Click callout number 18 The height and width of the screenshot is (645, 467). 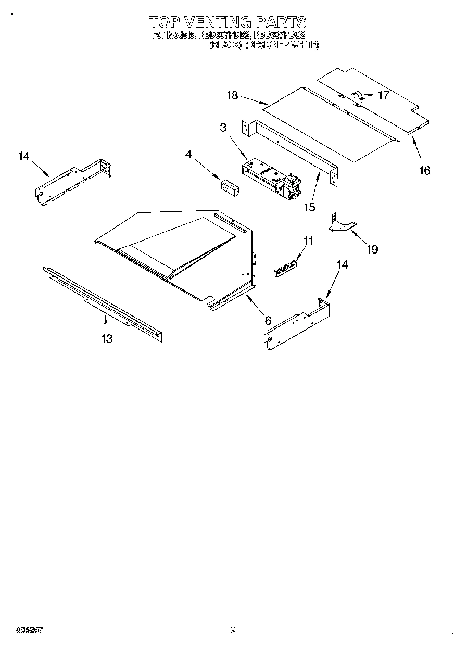(x=232, y=95)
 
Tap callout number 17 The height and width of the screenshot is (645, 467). (x=383, y=95)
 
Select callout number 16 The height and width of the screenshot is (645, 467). (x=425, y=170)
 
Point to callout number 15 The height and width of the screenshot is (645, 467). (x=309, y=207)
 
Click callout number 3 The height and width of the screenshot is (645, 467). (x=223, y=128)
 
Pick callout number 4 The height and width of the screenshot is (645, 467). (x=188, y=154)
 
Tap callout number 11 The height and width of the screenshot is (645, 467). (x=309, y=241)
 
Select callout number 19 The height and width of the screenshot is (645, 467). (x=372, y=249)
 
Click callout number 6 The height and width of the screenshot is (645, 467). (x=268, y=320)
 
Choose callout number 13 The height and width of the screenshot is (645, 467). (x=107, y=339)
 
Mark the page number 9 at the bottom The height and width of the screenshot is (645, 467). (x=233, y=630)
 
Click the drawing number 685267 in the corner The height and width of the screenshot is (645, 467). (x=29, y=630)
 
